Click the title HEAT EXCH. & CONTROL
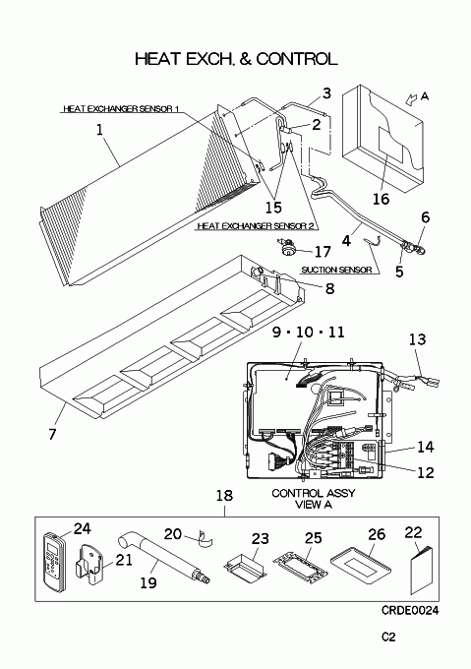point(236,59)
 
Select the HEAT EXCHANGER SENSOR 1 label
point(121,109)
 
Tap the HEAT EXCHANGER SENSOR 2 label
point(258,225)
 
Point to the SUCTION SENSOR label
point(336,270)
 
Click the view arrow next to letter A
point(411,99)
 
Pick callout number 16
point(382,199)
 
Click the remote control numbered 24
point(54,562)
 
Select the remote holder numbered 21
point(88,566)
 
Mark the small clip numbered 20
point(206,538)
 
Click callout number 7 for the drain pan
point(52,434)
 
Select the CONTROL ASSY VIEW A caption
point(314,499)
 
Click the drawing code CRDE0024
point(410,611)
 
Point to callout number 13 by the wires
point(417,339)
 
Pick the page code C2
point(388,637)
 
